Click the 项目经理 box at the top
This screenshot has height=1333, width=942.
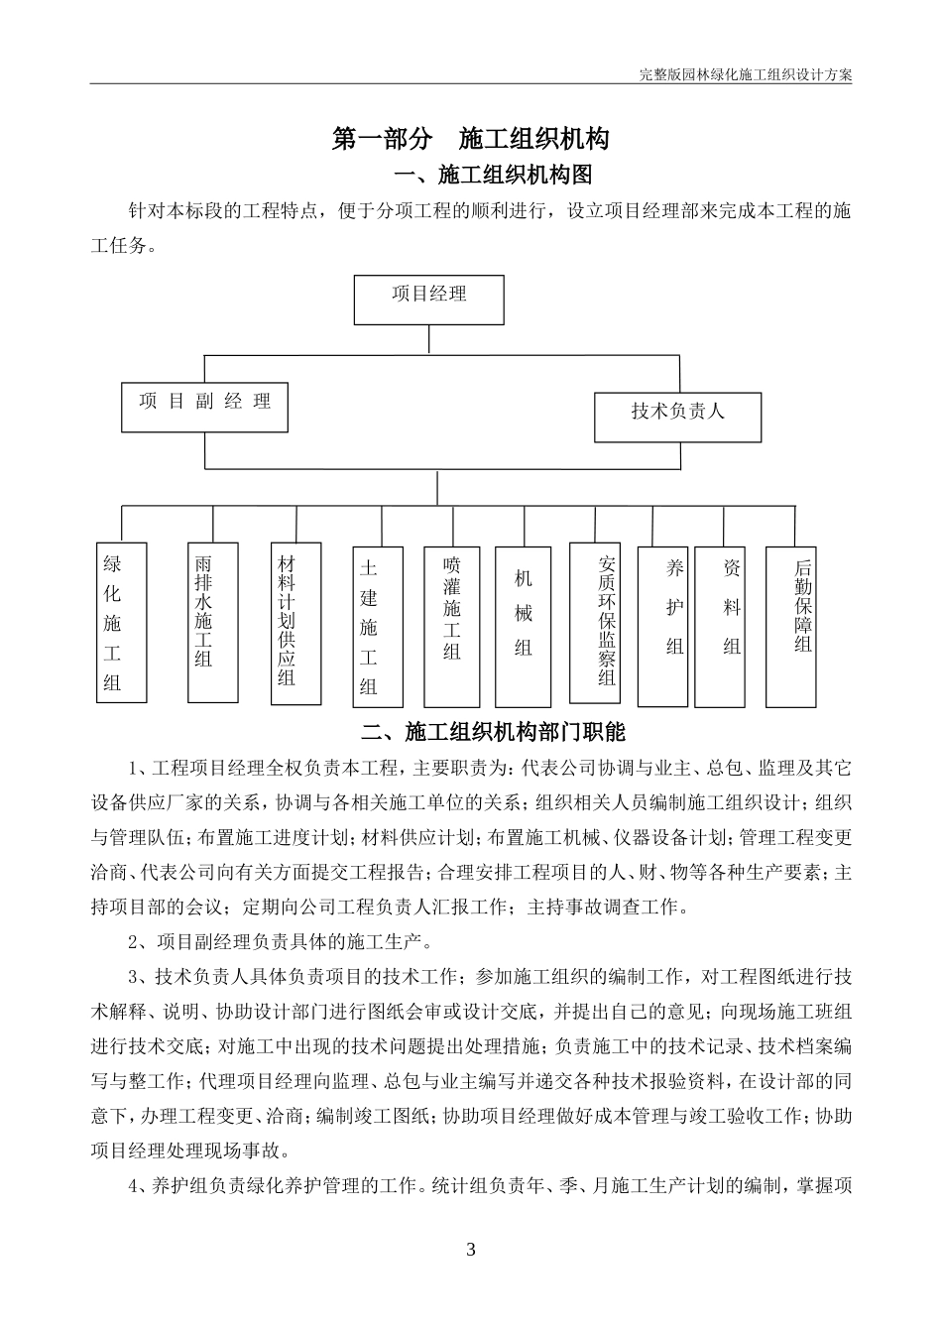click(428, 300)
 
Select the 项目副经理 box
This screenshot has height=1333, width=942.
click(204, 407)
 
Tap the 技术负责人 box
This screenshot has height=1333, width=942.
click(678, 417)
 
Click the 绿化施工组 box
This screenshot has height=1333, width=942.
click(121, 623)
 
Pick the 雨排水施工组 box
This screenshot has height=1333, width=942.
click(213, 623)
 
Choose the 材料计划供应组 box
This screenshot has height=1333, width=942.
click(295, 623)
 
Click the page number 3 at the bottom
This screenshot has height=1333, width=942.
click(470, 1248)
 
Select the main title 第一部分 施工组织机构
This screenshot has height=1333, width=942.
click(470, 139)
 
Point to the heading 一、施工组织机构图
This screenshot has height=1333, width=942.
click(493, 176)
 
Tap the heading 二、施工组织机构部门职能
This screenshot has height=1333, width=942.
click(493, 733)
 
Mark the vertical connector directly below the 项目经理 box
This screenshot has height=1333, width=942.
click(428, 338)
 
